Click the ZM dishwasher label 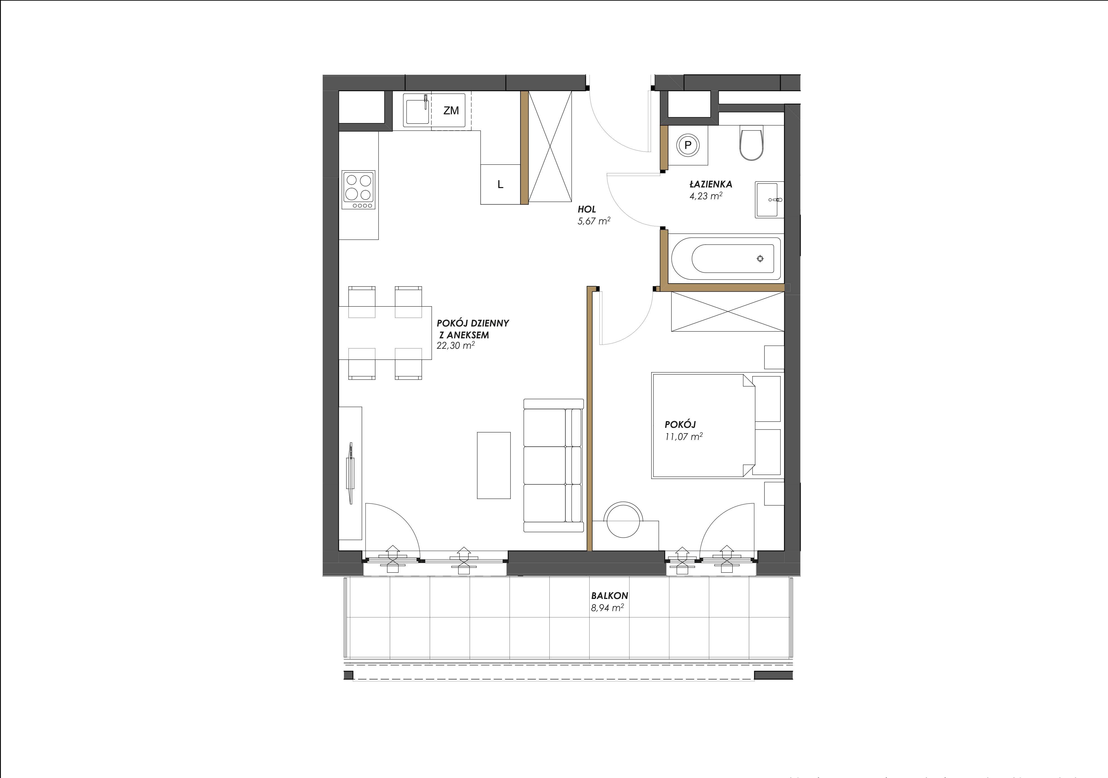click(x=451, y=111)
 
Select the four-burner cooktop click(x=358, y=190)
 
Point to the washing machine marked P click(x=688, y=144)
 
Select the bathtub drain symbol click(x=760, y=259)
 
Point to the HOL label click(x=587, y=209)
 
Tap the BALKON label click(x=610, y=596)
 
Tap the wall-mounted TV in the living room click(x=350, y=473)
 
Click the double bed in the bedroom click(x=716, y=425)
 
